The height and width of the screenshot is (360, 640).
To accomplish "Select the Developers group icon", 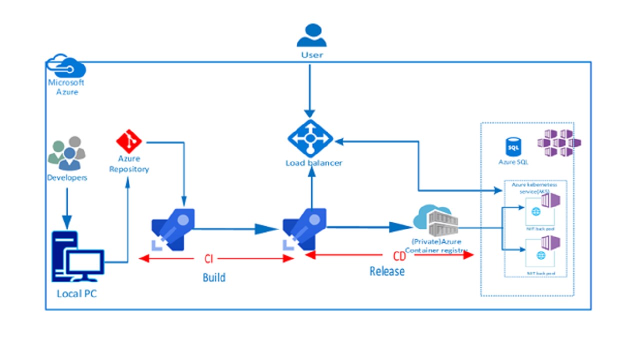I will tap(67, 153).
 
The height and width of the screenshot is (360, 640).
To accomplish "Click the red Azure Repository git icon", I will tap(128, 141).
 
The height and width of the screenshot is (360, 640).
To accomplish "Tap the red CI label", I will tap(209, 258).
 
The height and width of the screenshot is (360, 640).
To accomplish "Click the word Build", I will tap(214, 277).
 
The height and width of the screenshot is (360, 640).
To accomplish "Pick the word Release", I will tap(387, 271).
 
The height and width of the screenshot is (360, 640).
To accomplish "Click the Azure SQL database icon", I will tap(512, 147).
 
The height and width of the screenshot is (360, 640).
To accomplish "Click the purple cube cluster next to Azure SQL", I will tap(559, 142).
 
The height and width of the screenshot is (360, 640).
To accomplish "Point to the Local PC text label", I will tap(76, 293).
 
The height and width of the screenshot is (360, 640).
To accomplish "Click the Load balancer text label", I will tap(313, 163).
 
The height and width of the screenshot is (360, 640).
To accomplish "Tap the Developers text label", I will tap(67, 177).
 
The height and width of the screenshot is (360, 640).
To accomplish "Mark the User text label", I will tap(311, 54).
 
